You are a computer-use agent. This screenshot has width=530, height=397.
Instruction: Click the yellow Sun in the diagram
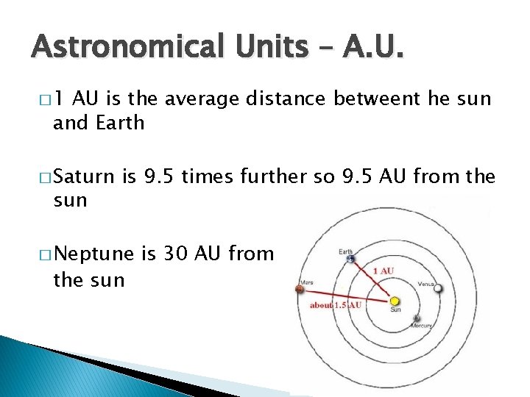(395, 301)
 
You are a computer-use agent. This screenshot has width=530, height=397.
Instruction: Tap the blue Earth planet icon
(350, 259)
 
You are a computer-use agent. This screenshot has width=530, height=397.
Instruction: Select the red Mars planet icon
(300, 288)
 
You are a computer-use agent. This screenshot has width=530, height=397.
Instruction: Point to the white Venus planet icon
(439, 288)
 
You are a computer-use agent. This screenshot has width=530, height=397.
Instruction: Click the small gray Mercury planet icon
(417, 318)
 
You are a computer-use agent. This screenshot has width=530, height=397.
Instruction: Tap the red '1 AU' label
(384, 271)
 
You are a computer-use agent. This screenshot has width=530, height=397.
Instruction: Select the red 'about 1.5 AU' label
(336, 304)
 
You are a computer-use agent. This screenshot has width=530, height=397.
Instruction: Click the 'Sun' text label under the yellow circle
(395, 310)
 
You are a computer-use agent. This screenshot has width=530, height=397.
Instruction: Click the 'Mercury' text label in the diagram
(421, 326)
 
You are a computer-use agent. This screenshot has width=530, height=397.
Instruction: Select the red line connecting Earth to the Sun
(372, 279)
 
